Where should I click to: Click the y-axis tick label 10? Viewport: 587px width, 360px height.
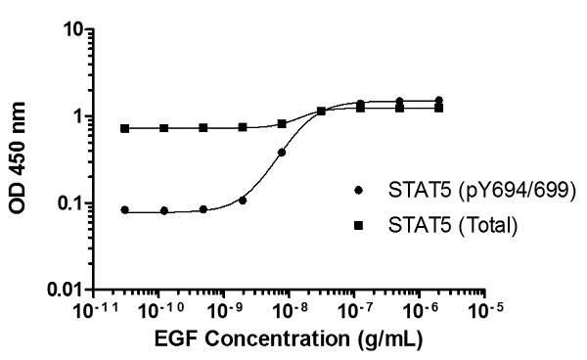(67, 30)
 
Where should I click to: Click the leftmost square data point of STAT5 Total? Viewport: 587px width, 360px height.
(124, 128)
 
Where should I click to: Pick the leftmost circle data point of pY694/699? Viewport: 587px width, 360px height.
(124, 209)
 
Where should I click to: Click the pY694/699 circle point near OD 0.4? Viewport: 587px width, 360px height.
(282, 152)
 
